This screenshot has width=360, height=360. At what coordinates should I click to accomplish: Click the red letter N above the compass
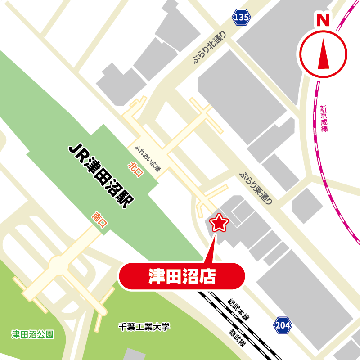pos(323,20)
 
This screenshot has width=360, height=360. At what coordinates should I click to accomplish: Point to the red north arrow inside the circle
pos(324,54)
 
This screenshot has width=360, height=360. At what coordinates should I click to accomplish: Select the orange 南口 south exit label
pos(99,220)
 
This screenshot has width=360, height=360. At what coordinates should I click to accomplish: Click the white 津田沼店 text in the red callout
pos(182,276)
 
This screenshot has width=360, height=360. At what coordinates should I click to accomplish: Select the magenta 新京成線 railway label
pos(324,118)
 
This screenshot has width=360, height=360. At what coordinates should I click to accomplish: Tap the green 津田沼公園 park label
pos(33,334)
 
